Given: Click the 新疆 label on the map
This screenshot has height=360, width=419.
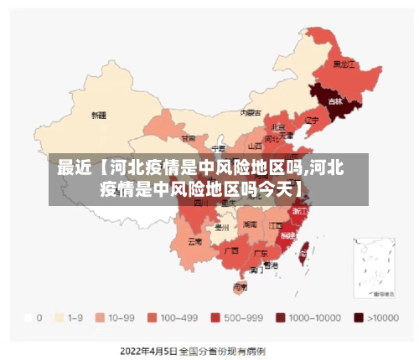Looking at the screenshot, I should tap(99, 114).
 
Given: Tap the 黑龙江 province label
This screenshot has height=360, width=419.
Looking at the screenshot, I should tap(344, 64).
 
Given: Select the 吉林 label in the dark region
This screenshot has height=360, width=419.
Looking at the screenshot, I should tap(335, 101).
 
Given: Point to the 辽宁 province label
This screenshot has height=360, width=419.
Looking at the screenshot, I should tap(312, 120).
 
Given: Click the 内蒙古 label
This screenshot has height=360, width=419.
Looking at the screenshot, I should tap(251, 111).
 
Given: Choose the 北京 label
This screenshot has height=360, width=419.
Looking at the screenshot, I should tap(278, 126).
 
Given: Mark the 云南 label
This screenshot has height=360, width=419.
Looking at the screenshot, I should tap(194, 241).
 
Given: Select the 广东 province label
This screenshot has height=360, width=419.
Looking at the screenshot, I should tap(261, 253).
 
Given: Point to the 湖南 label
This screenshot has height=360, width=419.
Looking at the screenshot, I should tap(250, 224).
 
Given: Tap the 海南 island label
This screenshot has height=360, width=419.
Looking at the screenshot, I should tap(240, 286).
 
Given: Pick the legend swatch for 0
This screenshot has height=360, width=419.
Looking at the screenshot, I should tap(29, 318).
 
